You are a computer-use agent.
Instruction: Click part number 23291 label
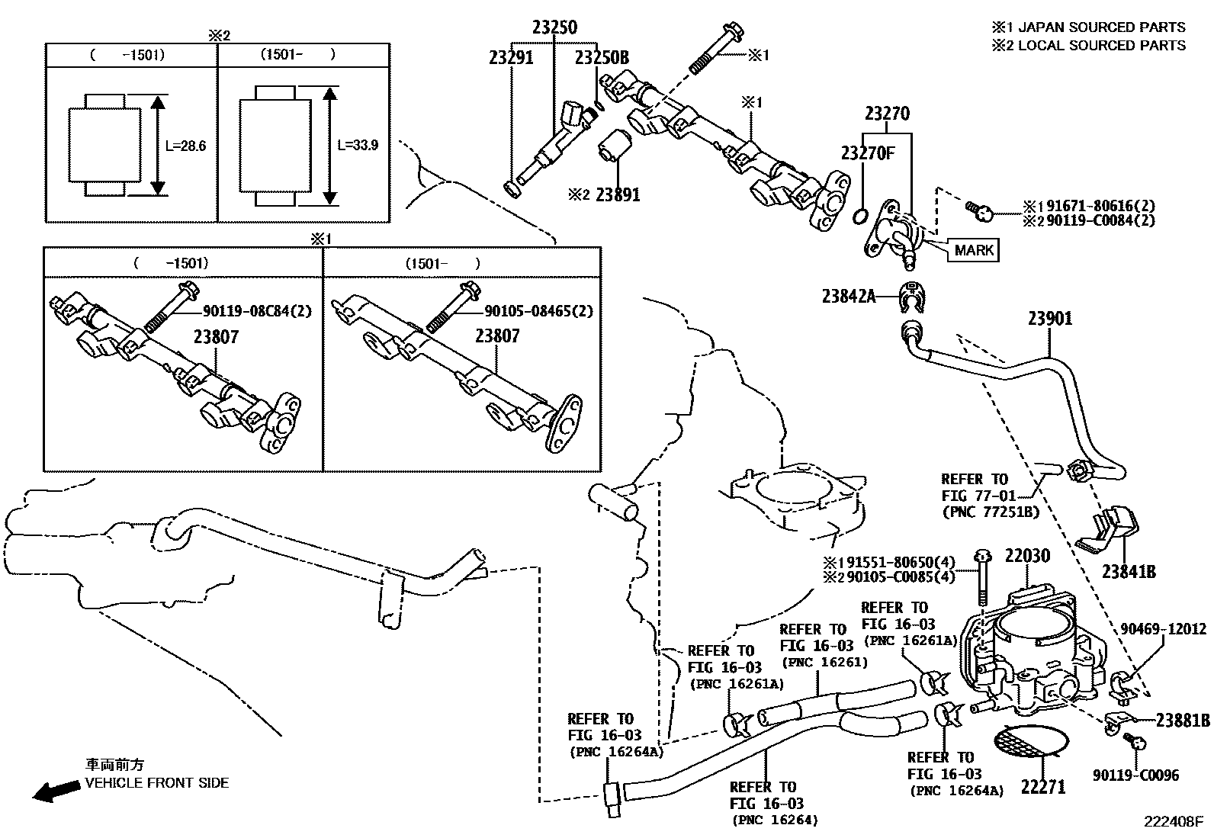point(511,57)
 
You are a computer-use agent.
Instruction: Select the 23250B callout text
point(602,57)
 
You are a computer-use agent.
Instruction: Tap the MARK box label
point(974,250)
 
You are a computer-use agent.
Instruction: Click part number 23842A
point(849,296)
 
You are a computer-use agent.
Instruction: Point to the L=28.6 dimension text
point(185,146)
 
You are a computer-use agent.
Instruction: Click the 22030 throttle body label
point(1027,556)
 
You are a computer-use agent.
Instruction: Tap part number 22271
point(1042,786)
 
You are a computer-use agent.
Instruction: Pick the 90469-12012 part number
point(1163,629)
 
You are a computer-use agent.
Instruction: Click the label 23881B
point(1183,720)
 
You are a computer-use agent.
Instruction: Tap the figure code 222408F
point(1172,822)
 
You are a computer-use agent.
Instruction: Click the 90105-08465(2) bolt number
point(538,311)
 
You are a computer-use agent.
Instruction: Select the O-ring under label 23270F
point(859,216)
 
